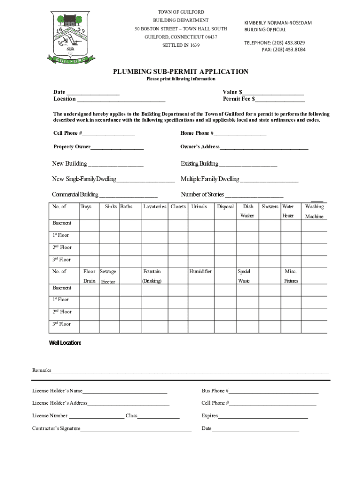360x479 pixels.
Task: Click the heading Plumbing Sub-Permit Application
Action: coord(180,72)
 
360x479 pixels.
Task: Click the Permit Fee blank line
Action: coord(280,100)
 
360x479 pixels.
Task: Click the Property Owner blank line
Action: coord(117,148)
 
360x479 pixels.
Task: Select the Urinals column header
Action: coord(199,206)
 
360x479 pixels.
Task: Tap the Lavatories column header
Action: coord(155,206)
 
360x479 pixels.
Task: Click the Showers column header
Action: coord(270,206)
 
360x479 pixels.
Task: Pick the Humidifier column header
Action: coord(201,271)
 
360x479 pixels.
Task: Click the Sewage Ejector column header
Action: coord(108,276)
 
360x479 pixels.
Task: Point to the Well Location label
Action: coord(65,343)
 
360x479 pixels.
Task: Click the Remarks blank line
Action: coord(190,371)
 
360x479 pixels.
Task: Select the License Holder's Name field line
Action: coord(125,392)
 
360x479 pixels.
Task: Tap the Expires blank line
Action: coord(263,416)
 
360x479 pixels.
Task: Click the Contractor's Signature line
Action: coord(136,429)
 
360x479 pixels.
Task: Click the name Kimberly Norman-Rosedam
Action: coord(278,23)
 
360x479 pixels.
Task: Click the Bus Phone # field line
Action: coord(273,392)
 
